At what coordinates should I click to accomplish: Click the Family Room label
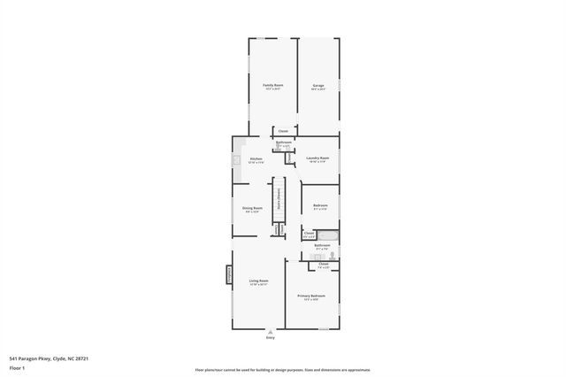tap(272, 85)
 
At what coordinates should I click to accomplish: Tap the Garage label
tap(317, 85)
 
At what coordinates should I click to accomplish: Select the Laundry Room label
tap(317, 158)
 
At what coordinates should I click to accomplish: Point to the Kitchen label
tap(256, 159)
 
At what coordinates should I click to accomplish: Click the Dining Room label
tap(252, 208)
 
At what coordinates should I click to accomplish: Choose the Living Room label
tap(258, 281)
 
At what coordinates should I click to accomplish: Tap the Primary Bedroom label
tap(311, 296)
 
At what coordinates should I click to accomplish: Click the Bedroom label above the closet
tap(320, 206)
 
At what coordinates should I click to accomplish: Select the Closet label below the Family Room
tap(283, 130)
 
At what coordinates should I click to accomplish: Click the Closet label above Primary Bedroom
tap(323, 264)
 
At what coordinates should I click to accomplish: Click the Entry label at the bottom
tap(271, 338)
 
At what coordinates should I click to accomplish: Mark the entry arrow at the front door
tap(271, 332)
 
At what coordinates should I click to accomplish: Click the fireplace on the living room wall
tap(229, 277)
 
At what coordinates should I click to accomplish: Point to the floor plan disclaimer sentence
tap(283, 369)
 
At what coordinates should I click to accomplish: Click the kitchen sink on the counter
tap(236, 160)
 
